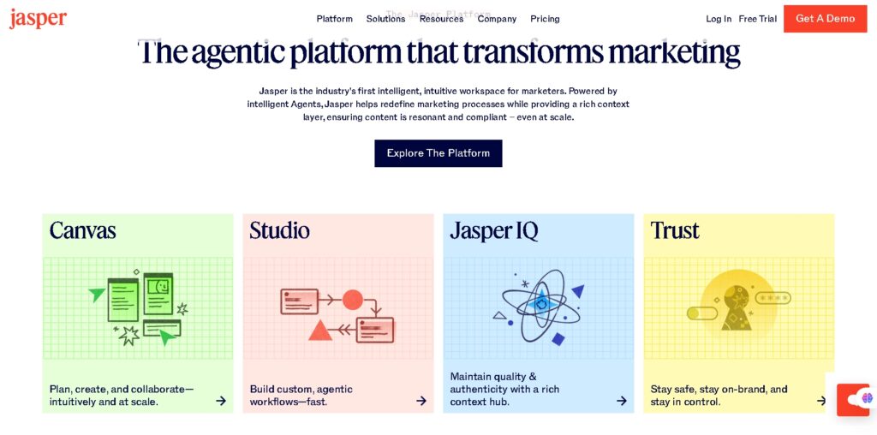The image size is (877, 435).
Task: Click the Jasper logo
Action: coord(38,19)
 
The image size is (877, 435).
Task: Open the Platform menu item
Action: coord(334,19)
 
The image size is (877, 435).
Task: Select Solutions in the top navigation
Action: coord(385,19)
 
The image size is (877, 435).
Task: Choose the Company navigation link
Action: coord(497,19)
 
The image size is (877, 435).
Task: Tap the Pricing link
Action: coord(545,19)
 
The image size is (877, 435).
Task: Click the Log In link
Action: coord(719,19)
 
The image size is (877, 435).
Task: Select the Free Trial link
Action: coord(757,19)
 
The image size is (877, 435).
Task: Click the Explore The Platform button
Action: coord(438,153)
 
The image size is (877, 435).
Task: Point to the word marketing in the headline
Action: coord(674,53)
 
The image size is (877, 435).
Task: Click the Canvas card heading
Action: coord(82,230)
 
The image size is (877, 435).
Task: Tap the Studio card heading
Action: coord(279,230)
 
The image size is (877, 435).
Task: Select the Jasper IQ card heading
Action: coord(493,230)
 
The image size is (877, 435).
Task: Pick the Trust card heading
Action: coord(675,230)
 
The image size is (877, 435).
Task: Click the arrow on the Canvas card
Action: coord(221,401)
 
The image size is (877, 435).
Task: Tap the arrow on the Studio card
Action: coord(421,401)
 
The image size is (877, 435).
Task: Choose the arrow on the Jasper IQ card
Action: coord(622,401)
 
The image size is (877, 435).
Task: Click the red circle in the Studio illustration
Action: coord(353,300)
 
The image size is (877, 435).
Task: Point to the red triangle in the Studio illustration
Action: coord(320,330)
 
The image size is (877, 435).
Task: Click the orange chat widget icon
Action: coord(853,399)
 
